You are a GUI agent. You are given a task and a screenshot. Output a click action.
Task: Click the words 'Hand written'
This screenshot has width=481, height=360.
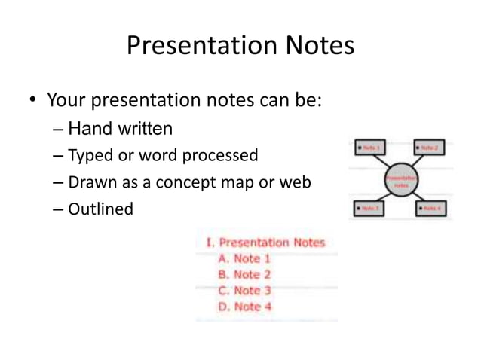click(120, 129)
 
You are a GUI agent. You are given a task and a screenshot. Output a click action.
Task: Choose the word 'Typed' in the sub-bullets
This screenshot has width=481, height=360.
click(90, 156)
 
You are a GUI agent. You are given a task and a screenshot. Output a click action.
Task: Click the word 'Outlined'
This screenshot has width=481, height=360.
click(100, 209)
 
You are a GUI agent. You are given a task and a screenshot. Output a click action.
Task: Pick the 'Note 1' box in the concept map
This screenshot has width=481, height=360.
click(369, 148)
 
